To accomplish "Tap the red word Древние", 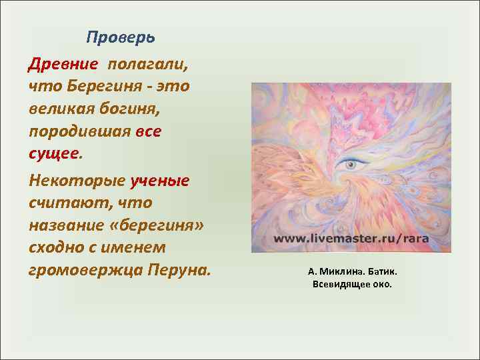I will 63,64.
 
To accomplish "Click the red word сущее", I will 53,154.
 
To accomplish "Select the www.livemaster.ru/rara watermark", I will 350,238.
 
